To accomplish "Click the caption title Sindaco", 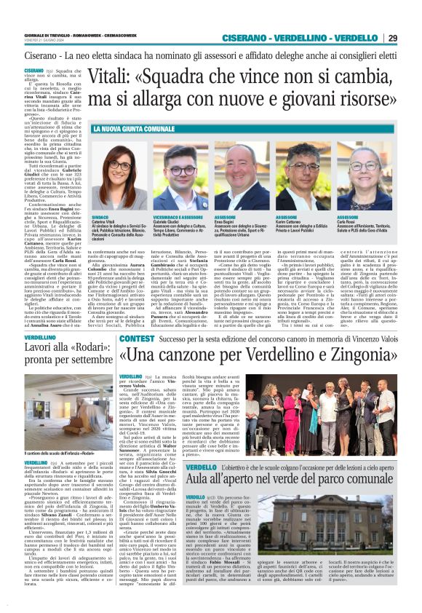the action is (x=103, y=217).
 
